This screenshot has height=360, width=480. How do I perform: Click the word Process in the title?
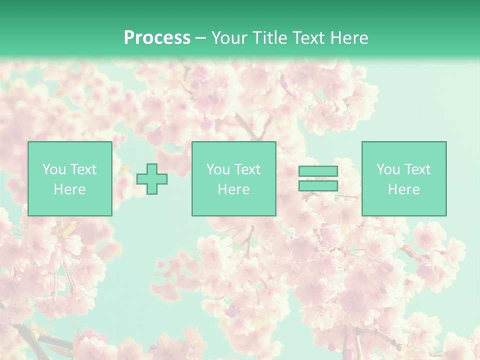(x=157, y=38)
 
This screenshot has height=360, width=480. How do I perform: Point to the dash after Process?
(x=201, y=38)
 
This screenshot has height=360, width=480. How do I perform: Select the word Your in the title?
(x=228, y=38)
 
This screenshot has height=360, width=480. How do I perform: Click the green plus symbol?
(x=152, y=179)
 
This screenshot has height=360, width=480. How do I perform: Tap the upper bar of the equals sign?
(x=318, y=171)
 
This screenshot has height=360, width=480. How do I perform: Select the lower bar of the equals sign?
(x=318, y=185)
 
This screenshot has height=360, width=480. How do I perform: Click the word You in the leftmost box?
(x=54, y=169)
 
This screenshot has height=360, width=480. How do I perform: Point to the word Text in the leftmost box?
(x=83, y=169)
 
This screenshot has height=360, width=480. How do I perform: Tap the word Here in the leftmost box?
(x=70, y=189)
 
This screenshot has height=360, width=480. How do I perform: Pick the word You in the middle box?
(x=218, y=169)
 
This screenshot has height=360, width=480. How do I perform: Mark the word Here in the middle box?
(x=234, y=189)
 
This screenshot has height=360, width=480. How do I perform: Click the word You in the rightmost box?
(x=388, y=169)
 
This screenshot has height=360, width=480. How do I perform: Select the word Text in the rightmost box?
(x=417, y=169)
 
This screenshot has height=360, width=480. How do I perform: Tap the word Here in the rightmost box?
(x=404, y=189)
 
